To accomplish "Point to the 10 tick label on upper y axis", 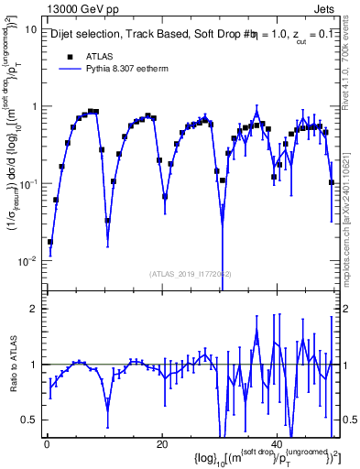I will tap(30, 29).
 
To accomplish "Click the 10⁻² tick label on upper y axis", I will tap(27, 261).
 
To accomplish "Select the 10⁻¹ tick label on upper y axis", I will tap(27, 184).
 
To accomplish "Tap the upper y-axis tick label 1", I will tap(33, 107).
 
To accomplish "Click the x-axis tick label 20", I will tap(162, 444).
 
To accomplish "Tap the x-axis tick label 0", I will tap(47, 444).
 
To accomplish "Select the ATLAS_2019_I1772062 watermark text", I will tap(191, 274).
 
